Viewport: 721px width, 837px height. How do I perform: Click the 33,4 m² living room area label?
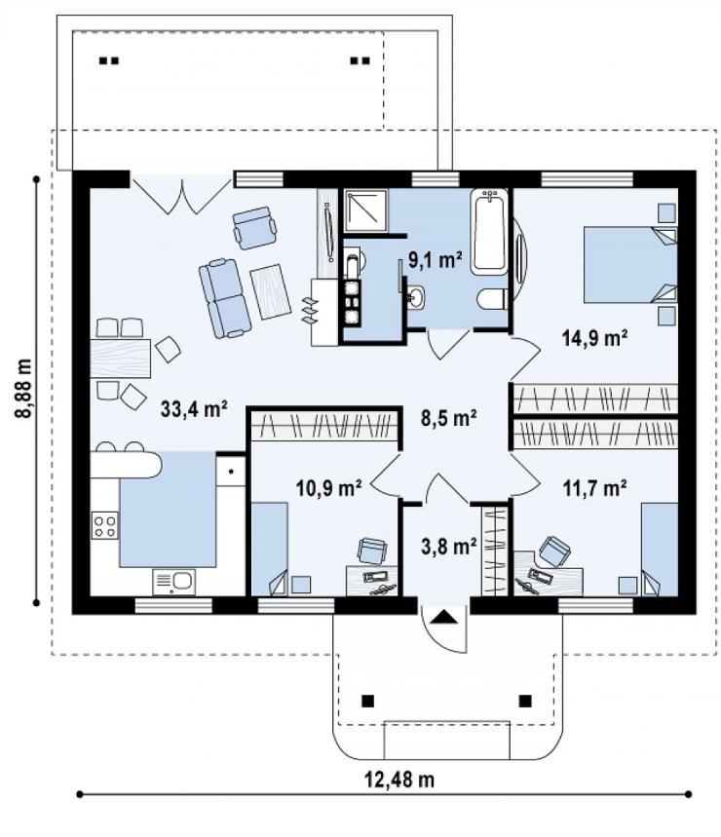click(x=194, y=409)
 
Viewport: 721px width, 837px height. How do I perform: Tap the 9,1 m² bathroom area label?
click(x=435, y=259)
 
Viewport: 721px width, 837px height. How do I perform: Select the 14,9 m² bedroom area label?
click(x=594, y=338)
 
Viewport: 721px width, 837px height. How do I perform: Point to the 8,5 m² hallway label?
click(x=448, y=418)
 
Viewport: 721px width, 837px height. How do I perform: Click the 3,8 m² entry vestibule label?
click(x=448, y=546)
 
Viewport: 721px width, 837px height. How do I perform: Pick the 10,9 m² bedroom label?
click(x=328, y=487)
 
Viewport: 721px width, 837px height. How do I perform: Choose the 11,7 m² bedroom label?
click(x=594, y=487)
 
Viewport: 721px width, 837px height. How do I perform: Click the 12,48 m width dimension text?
click(x=399, y=780)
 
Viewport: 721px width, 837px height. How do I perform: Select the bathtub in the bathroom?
click(x=489, y=232)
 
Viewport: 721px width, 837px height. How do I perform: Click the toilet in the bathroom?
click(x=491, y=299)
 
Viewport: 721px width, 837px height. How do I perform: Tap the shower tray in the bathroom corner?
click(x=365, y=209)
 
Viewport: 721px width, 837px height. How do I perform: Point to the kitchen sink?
click(x=174, y=582)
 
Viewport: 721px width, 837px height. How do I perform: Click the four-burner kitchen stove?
click(x=104, y=525)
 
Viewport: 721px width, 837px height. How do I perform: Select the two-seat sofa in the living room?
click(x=225, y=298)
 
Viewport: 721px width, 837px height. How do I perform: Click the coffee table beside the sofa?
click(x=271, y=291)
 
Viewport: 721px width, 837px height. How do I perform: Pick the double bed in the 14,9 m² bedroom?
click(x=630, y=265)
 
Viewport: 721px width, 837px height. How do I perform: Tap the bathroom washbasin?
click(x=416, y=297)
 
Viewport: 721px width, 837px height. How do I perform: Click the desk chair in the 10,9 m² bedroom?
click(x=372, y=551)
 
